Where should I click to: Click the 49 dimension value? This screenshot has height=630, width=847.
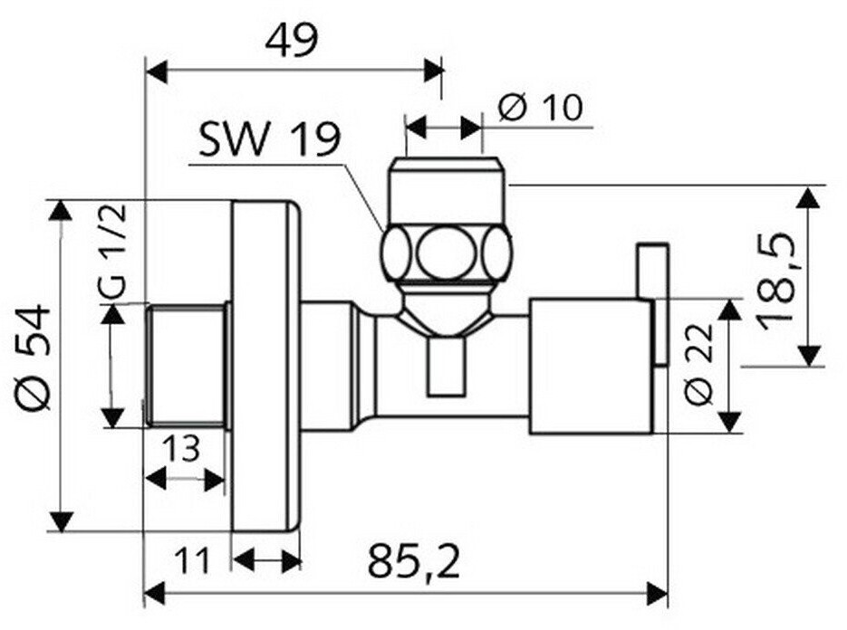[x=293, y=40]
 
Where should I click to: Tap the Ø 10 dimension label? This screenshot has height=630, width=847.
[x=541, y=108]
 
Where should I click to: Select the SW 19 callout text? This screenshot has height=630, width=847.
[x=270, y=139]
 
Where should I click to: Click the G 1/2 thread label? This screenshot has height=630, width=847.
[x=113, y=251]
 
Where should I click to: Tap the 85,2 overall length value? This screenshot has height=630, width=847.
[x=414, y=561]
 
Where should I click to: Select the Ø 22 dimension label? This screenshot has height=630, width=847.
[x=699, y=364]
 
